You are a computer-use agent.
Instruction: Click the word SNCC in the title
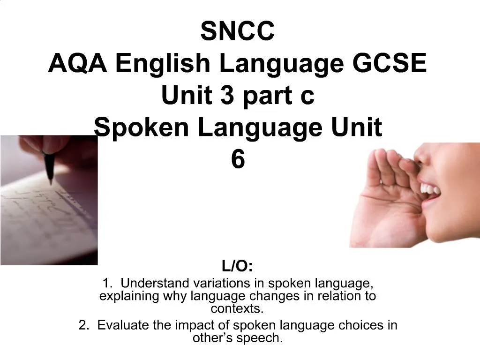point(238,31)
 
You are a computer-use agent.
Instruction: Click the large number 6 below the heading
point(238,160)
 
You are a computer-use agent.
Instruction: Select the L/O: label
point(238,267)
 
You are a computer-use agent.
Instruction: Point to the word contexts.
point(237,309)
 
